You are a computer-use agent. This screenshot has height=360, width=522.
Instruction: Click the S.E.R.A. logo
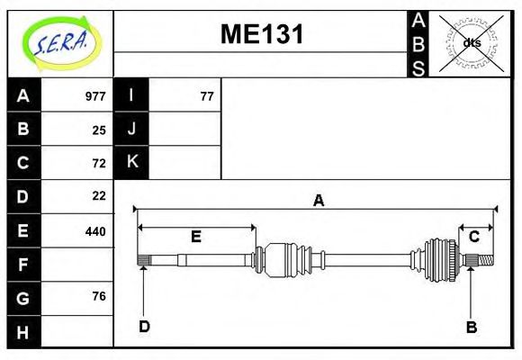coord(59,43)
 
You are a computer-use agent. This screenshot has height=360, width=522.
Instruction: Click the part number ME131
coord(262,34)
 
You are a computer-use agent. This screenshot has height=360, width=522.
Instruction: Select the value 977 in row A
coord(95,96)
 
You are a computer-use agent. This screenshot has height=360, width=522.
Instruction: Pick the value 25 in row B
coord(99,130)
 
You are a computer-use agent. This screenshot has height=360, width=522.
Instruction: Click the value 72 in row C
coord(99,163)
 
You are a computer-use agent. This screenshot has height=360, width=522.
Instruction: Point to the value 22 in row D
coord(99,195)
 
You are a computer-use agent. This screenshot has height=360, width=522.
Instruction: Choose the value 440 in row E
coord(95,231)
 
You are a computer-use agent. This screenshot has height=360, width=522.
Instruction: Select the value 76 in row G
coord(99,296)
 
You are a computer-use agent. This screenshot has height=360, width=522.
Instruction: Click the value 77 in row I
coord(206,96)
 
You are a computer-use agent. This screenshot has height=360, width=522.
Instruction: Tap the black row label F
coord(23,265)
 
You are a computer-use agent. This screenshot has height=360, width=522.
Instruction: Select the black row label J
coord(131,129)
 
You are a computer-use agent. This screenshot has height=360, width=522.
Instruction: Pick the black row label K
coord(131,162)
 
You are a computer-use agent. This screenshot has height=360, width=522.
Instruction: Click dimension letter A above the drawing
coord(318,201)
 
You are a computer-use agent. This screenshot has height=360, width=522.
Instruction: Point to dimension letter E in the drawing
coord(195,237)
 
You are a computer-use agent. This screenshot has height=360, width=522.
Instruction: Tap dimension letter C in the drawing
coord(473,237)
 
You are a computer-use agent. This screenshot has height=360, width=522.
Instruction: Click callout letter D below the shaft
coord(144,327)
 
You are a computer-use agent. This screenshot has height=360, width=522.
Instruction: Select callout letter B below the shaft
coord(471,327)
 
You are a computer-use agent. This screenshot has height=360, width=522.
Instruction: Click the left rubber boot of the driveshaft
coord(286,259)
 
